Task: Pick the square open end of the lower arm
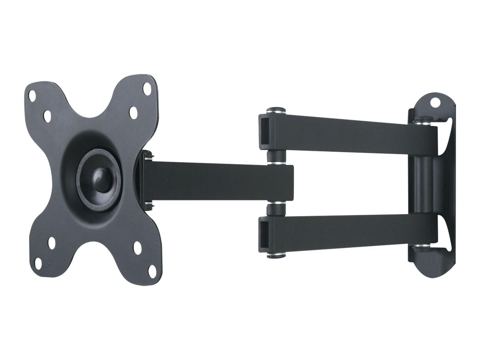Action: [x=265, y=232]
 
